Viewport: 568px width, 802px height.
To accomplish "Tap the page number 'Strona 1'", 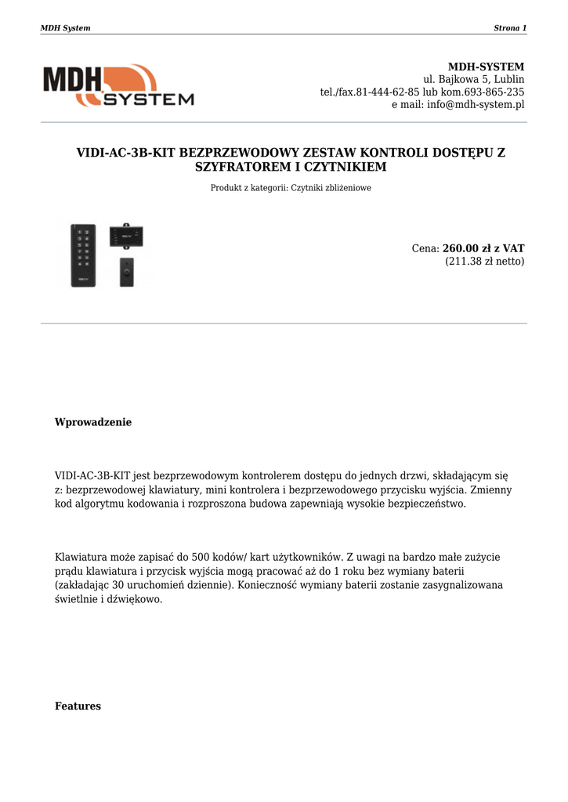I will pyautogui.click(x=510, y=28).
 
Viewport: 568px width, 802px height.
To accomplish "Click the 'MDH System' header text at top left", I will pyautogui.click(x=65, y=28).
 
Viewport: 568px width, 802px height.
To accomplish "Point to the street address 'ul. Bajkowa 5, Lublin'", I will pyautogui.click(x=474, y=79).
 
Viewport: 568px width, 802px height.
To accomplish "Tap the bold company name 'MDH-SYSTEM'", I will pyautogui.click(x=486, y=67).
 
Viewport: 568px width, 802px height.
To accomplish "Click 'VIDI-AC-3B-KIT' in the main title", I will pyautogui.click(x=125, y=153).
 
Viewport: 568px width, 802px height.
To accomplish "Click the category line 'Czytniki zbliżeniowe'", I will pyautogui.click(x=331, y=188).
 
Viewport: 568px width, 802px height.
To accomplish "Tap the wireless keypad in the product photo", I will pyautogui.click(x=84, y=255).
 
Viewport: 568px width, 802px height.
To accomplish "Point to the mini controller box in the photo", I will pyautogui.click(x=126, y=235).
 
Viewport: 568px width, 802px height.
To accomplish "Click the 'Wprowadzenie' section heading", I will pyautogui.click(x=93, y=422).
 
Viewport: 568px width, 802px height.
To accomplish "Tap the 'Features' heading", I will pyautogui.click(x=78, y=706).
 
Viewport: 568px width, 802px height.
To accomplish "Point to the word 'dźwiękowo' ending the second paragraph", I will pyautogui.click(x=132, y=599).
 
